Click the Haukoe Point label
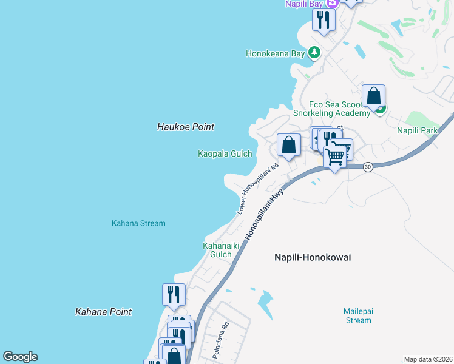(x=186, y=127)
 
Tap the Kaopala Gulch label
(x=225, y=153)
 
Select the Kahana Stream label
(x=138, y=223)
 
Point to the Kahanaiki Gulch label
(x=217, y=250)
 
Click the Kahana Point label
(x=103, y=312)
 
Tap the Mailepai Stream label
(x=358, y=315)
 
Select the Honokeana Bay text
(x=275, y=53)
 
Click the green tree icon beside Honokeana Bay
(x=314, y=53)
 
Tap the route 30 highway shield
(x=367, y=167)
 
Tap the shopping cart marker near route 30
(x=335, y=157)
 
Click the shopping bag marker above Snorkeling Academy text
(x=374, y=96)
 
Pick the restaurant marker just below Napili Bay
(x=324, y=20)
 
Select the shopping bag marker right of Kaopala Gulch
(x=289, y=145)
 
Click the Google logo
(x=20, y=357)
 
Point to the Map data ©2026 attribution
(x=428, y=359)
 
